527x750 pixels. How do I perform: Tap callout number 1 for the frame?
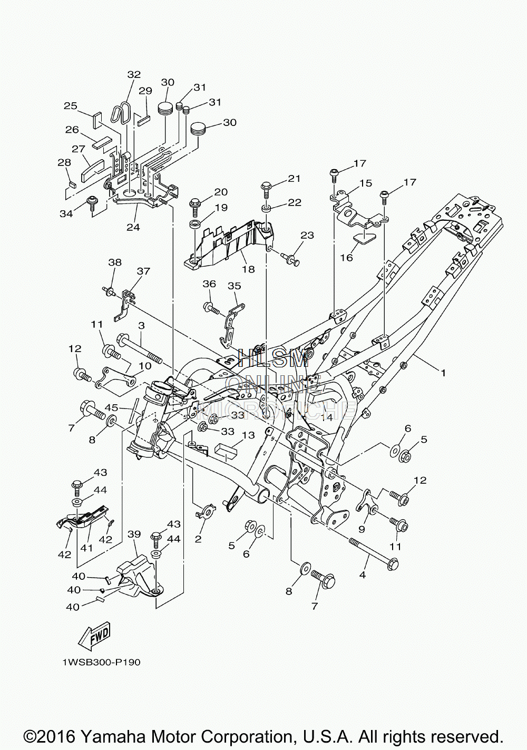443,373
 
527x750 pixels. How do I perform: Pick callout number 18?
249,269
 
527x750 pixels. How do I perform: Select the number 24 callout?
133,227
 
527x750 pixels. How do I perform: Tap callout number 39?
134,534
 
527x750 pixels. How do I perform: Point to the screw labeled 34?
91,203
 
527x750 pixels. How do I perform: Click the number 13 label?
249,435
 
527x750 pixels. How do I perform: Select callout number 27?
79,149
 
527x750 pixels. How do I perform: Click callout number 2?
198,539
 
